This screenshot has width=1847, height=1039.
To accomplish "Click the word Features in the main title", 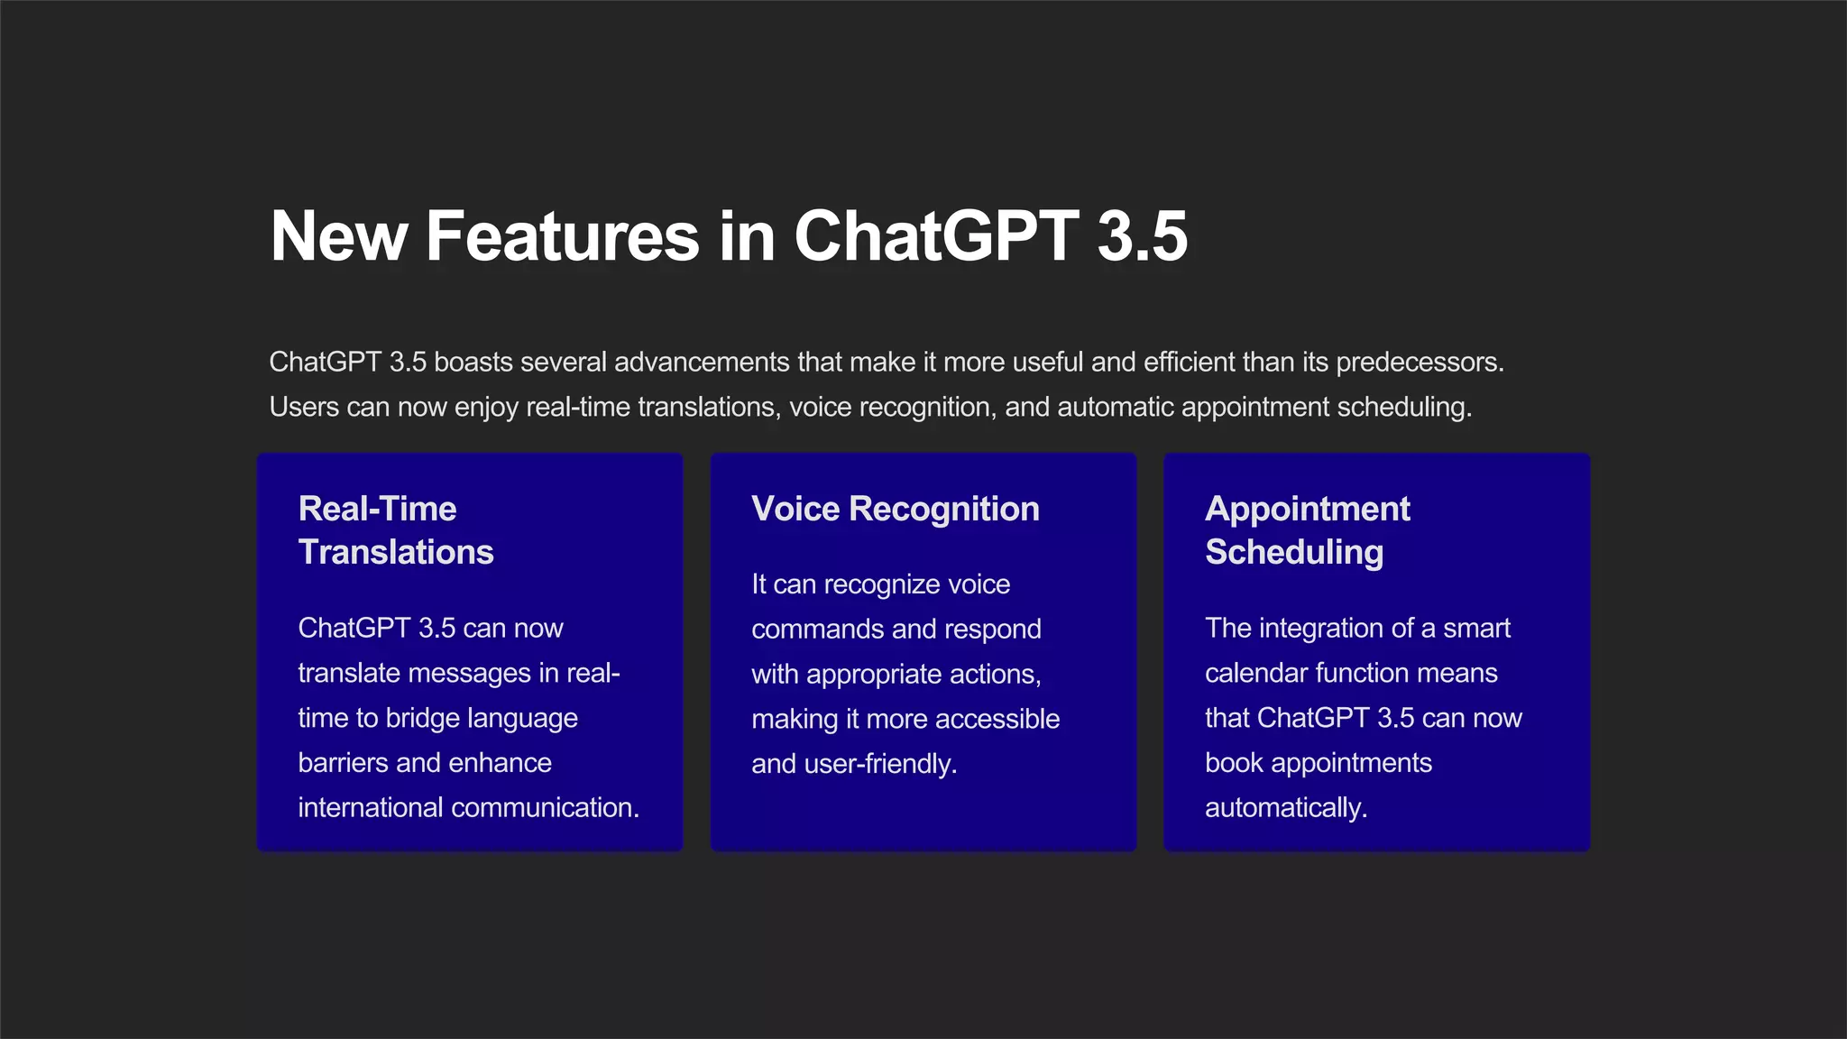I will click(562, 236).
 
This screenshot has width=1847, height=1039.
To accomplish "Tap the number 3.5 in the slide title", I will click(1142, 236).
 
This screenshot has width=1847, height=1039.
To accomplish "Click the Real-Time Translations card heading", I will click(395, 530).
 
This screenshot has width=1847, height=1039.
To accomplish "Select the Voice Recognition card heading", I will click(895, 509).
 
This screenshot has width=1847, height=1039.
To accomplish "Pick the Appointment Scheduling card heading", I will click(1307, 530).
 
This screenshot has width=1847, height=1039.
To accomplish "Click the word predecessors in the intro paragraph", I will click(1419, 363).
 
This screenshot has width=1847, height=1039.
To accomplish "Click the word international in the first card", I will click(370, 807).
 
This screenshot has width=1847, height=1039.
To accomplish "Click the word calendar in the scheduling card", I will click(1256, 673).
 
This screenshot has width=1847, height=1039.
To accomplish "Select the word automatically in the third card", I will click(1285, 807).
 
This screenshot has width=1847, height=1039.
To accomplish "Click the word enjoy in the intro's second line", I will click(486, 408).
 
